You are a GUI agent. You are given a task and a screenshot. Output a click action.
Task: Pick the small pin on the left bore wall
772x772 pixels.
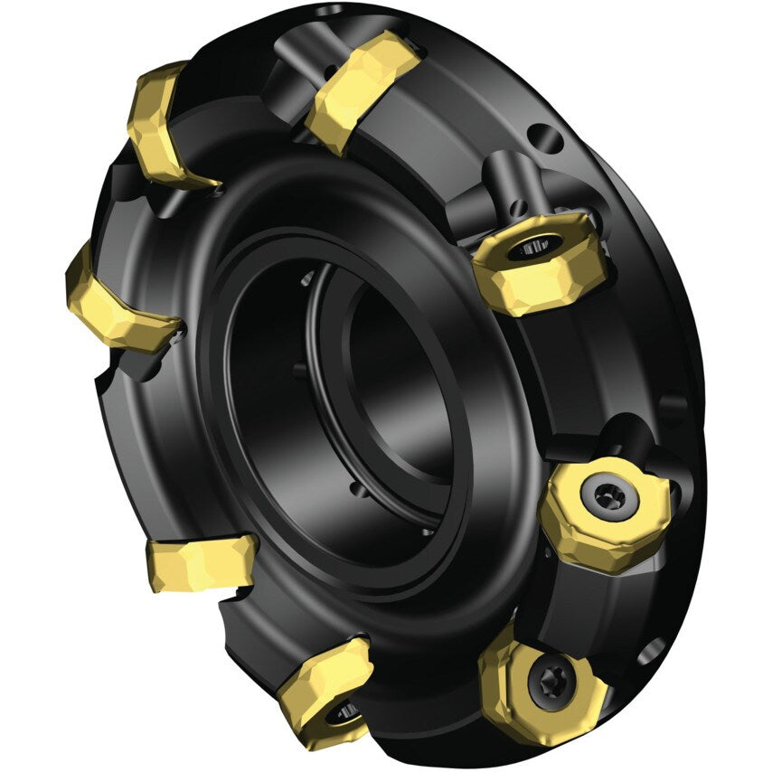[x=298, y=371]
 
